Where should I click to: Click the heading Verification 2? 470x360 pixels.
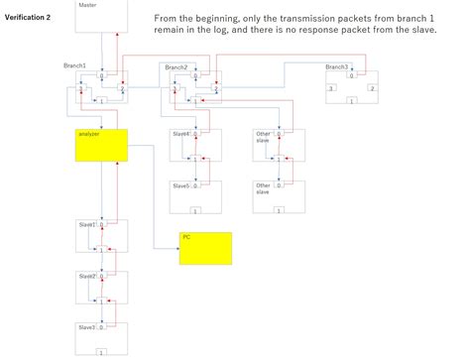point(28,18)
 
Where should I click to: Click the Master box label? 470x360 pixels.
point(88,5)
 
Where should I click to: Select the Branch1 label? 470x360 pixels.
point(73,66)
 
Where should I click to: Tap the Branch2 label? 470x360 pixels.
point(176,66)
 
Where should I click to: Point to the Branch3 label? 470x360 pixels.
point(336,66)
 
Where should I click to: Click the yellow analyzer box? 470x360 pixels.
point(101,145)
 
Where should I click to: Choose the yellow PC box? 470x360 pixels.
point(205,248)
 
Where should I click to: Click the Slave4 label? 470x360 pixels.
point(180,134)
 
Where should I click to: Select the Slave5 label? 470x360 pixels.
point(180,185)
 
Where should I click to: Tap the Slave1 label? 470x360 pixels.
point(86,225)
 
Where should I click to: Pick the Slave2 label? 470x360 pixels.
point(86,276)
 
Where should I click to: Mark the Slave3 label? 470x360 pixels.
point(86,326)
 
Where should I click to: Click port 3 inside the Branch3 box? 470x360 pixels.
point(330,89)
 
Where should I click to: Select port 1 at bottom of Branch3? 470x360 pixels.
point(351,100)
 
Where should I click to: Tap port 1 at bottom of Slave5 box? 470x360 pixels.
point(194,210)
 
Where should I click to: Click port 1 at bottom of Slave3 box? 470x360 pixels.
point(101,352)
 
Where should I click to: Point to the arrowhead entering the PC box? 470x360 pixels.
point(176,248)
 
